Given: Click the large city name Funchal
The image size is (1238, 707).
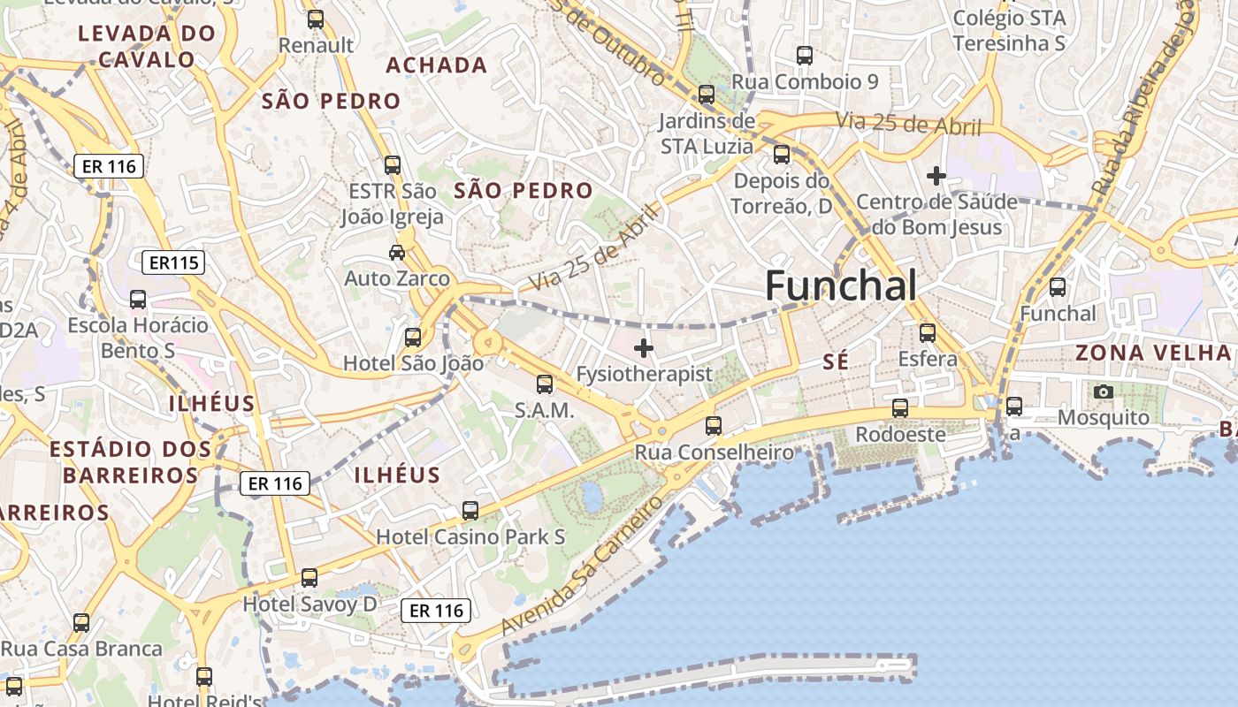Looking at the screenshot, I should (x=840, y=286).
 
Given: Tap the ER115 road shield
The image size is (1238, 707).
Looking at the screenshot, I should (x=173, y=262).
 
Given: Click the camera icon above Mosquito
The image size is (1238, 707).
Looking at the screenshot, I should (x=1103, y=392).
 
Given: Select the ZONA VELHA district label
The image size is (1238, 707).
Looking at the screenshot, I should (x=1152, y=353).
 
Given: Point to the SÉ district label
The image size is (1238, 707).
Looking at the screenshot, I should (x=835, y=361).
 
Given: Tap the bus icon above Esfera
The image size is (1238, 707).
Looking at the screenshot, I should (x=927, y=333).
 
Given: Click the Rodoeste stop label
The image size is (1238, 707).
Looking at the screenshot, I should (x=900, y=434).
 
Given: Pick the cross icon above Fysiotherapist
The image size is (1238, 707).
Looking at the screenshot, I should (x=644, y=348).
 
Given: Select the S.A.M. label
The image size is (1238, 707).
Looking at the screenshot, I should (x=544, y=410).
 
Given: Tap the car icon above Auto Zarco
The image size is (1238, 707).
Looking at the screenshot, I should (x=397, y=253).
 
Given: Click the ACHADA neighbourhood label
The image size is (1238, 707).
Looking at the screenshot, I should (x=437, y=65).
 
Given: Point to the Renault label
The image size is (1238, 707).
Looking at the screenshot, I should (x=316, y=45).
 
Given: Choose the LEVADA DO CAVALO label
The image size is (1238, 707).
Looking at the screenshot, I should (x=147, y=47).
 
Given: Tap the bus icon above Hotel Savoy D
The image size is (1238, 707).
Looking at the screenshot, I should (x=309, y=578).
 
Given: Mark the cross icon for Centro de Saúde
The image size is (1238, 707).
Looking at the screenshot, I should (x=936, y=176).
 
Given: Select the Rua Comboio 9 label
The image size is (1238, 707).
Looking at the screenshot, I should (x=805, y=82).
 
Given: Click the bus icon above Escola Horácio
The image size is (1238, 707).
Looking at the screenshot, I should (x=138, y=300).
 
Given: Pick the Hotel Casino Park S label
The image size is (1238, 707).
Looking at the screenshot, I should (x=470, y=536).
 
